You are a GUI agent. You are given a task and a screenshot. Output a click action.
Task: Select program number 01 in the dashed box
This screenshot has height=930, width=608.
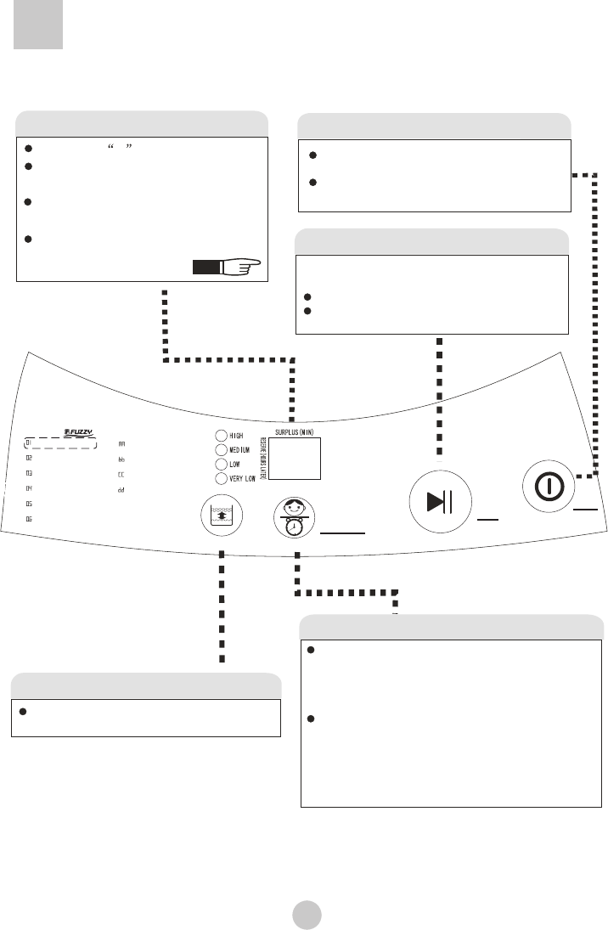(29, 443)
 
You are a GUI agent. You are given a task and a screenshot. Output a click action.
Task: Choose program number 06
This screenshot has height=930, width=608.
(29, 518)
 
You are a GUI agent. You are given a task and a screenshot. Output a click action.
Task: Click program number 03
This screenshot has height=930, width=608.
(29, 473)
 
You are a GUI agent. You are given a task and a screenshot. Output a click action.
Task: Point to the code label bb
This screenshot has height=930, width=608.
(121, 459)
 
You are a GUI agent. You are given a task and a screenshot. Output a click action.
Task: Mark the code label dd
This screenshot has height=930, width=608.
(121, 490)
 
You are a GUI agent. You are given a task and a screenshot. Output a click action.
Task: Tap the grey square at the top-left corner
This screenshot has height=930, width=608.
(38, 28)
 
